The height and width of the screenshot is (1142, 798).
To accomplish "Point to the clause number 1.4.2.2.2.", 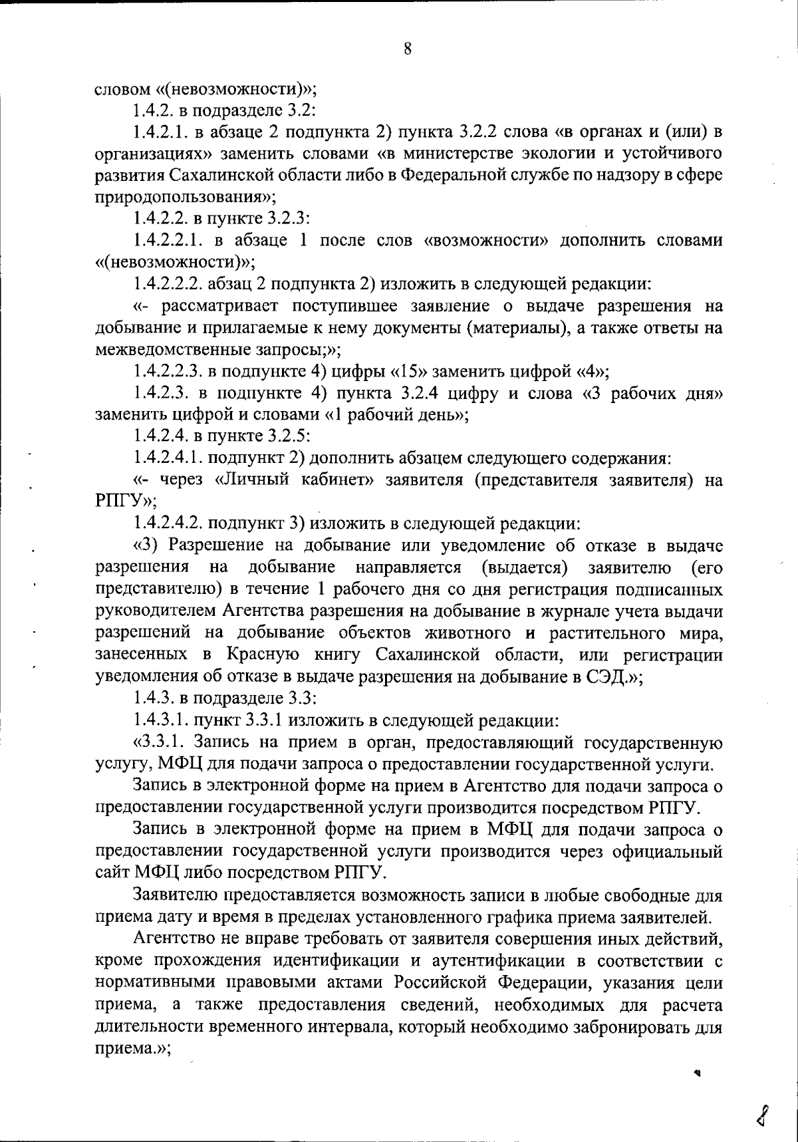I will coord(168,284).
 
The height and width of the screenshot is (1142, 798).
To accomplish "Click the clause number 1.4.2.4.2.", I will coord(168,523).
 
